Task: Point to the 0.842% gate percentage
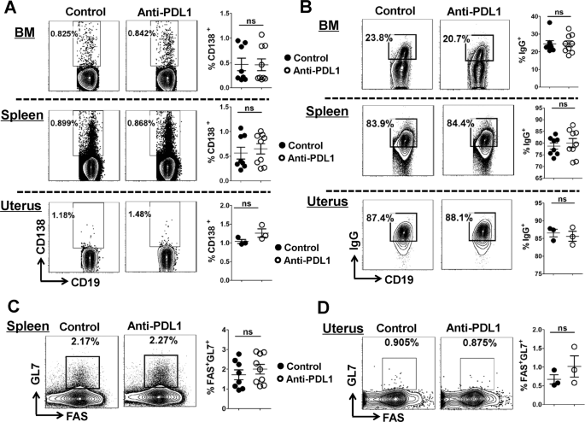pyautogui.click(x=143, y=33)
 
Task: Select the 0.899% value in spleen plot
pyautogui.click(x=67, y=123)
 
